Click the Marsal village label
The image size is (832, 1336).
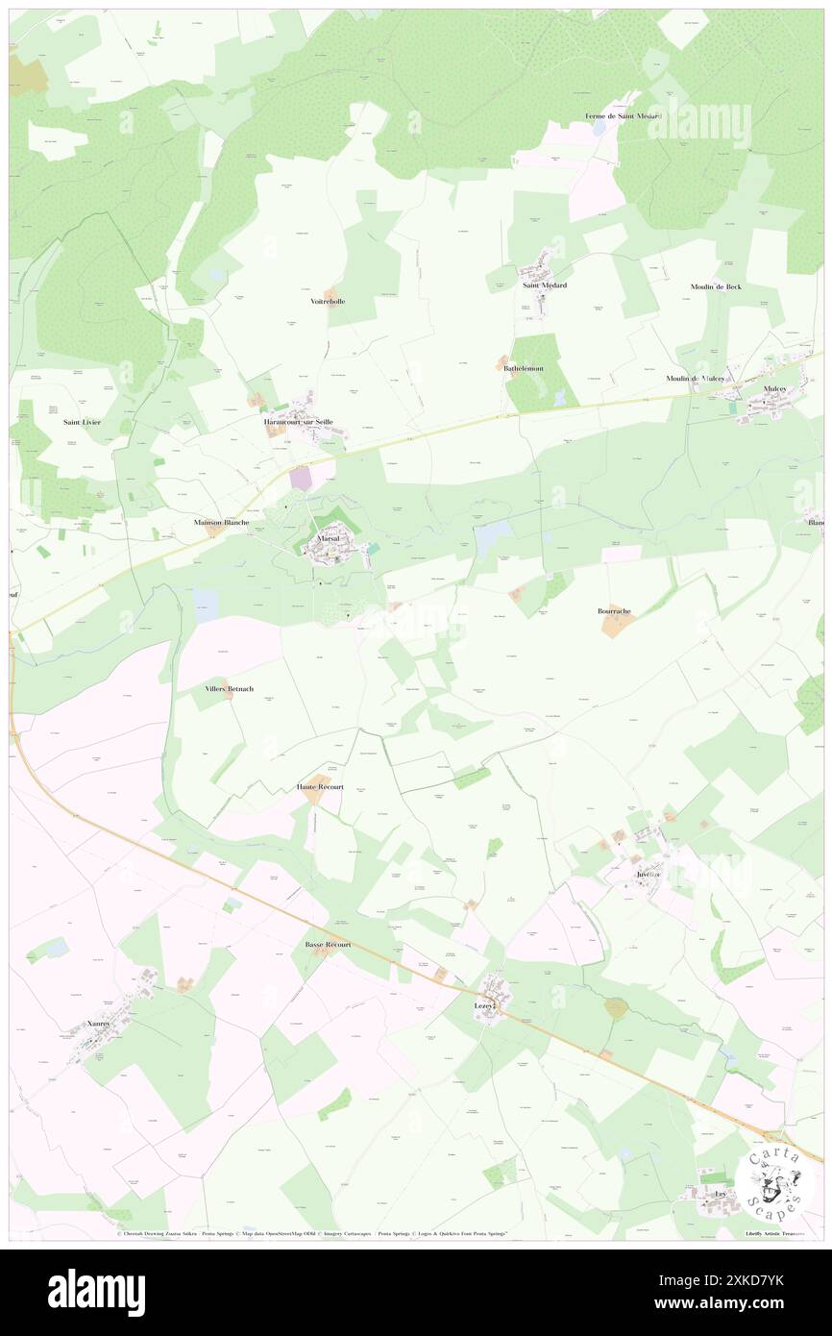pyautogui.click(x=328, y=540)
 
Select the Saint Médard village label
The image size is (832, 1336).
pyautogui.click(x=544, y=285)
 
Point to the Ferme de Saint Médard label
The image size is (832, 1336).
pyautogui.click(x=624, y=116)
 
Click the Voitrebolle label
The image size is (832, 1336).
pyautogui.click(x=328, y=301)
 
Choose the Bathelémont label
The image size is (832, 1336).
pyautogui.click(x=524, y=368)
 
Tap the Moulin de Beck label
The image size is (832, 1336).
pyautogui.click(x=716, y=286)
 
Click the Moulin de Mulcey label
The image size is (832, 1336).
pyautogui.click(x=696, y=378)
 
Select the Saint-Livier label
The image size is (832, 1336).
pyautogui.click(x=82, y=422)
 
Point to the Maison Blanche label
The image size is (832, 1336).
pyautogui.click(x=222, y=522)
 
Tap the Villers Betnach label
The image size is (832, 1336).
pyautogui.click(x=230, y=689)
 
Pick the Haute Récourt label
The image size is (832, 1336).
pyautogui.click(x=320, y=787)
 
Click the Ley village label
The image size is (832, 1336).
pyautogui.click(x=720, y=1193)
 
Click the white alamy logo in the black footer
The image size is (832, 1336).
pyautogui.click(x=96, y=1292)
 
